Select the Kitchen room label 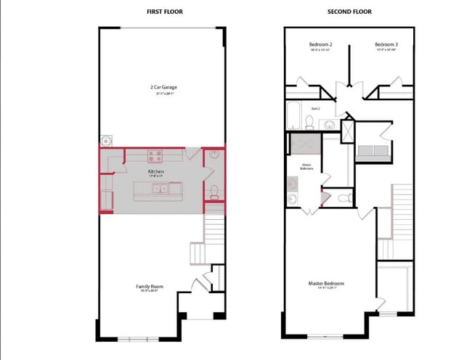[x=156, y=171]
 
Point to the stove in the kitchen [x=155, y=154]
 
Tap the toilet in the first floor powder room [x=213, y=192]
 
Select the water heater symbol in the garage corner [x=106, y=139]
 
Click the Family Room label [x=150, y=287]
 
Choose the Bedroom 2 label [x=320, y=45]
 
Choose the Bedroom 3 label [x=386, y=45]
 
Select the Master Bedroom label [x=326, y=283]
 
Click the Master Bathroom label [x=306, y=166]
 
